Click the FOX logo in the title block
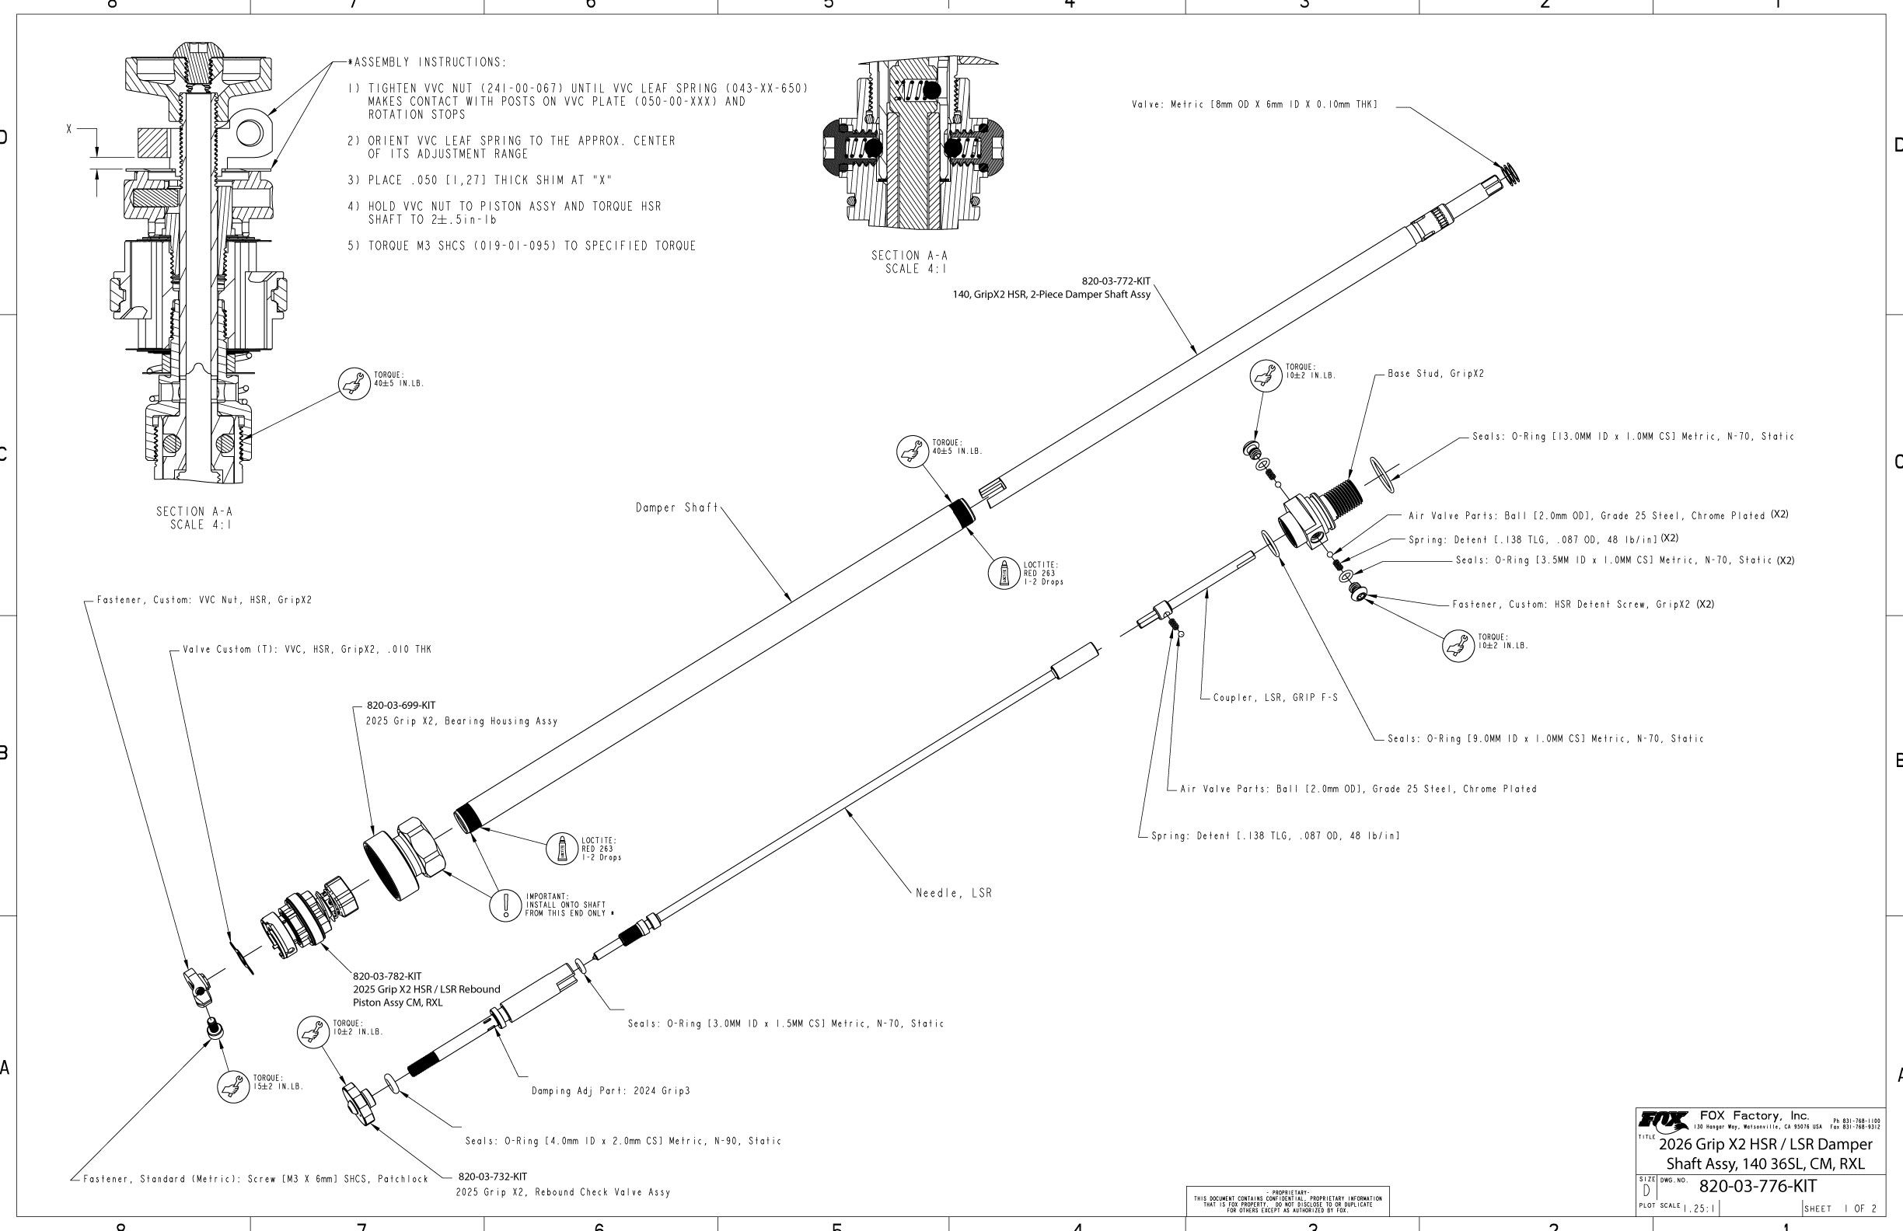coord(1664,1120)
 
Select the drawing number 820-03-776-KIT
coord(1757,1185)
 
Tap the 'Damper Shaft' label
coord(676,507)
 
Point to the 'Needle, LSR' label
coord(953,893)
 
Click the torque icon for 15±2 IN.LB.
coord(233,1086)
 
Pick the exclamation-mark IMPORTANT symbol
coord(505,905)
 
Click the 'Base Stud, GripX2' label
coord(1435,374)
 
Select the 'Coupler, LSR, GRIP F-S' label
coord(1275,698)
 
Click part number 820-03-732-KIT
coord(492,1177)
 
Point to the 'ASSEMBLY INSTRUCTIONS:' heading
coord(429,62)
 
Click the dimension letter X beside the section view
coord(69,129)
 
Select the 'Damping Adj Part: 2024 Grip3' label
coord(610,1090)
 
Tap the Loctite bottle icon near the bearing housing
coord(561,848)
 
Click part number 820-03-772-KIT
coord(1116,281)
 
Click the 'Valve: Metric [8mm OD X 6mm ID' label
coord(1254,105)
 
